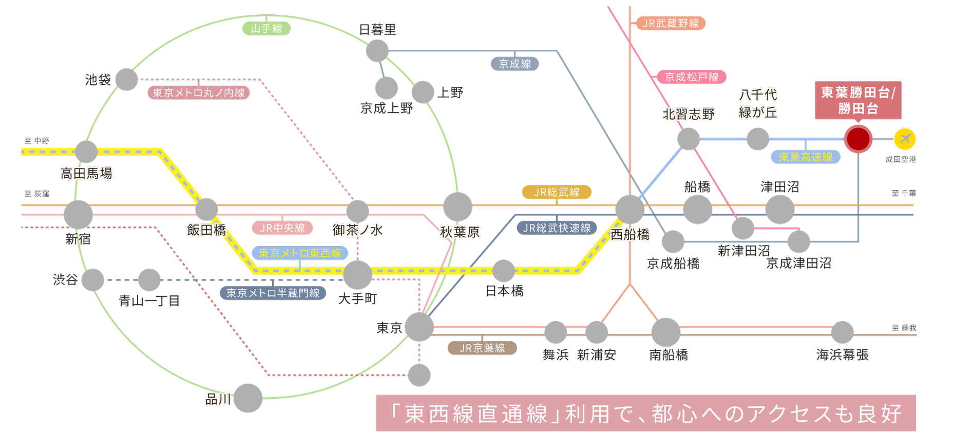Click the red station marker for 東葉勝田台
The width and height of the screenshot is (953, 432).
(x=858, y=139)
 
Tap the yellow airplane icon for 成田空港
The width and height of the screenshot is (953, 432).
(x=905, y=139)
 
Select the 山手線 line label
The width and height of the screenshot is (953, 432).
(x=266, y=28)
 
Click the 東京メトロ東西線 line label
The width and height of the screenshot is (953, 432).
(x=300, y=253)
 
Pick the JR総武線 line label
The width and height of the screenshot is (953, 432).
(x=557, y=192)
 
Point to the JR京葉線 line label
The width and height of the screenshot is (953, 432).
(x=482, y=348)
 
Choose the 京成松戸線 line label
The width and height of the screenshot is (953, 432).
(x=692, y=77)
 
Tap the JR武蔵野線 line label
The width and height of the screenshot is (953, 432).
(x=671, y=23)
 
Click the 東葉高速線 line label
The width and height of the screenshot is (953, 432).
(x=806, y=157)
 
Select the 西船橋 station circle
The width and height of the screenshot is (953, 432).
(x=630, y=210)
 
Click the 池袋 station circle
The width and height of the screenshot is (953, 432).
(x=126, y=80)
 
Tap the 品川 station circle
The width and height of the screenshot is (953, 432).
(x=248, y=398)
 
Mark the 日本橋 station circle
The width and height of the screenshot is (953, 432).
(x=503, y=271)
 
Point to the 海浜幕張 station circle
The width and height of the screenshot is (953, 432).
(x=842, y=332)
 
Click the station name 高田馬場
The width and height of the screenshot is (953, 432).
(x=86, y=174)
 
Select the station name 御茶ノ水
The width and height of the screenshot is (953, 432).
(x=357, y=230)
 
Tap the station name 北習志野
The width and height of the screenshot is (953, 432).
(x=689, y=114)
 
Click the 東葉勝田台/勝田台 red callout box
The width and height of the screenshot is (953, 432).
(x=858, y=100)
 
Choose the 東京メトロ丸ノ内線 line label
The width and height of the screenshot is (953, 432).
(x=199, y=92)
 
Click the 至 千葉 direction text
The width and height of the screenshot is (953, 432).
(x=904, y=193)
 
